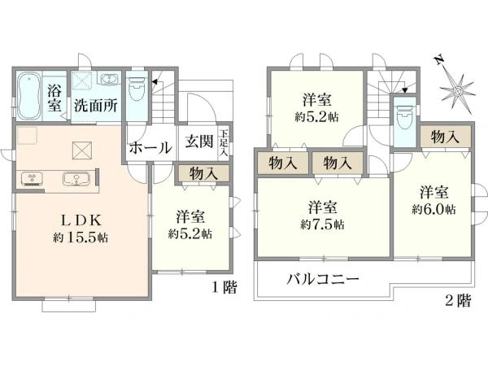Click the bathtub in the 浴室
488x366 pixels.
click(x=28, y=96)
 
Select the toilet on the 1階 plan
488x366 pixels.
click(x=137, y=88)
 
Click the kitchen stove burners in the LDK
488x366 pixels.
click(x=33, y=179)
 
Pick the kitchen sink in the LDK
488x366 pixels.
click(x=76, y=179)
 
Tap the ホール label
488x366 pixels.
click(x=150, y=147)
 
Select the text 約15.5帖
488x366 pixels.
click(x=81, y=237)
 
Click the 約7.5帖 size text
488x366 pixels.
click(x=322, y=224)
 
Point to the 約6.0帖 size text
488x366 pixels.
click(x=434, y=209)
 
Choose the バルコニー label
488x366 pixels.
click(x=323, y=278)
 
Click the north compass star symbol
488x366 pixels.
click(x=457, y=91)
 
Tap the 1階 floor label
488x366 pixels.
click(x=224, y=287)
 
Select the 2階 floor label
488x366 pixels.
click(x=458, y=301)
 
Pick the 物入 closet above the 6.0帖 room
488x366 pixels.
click(x=446, y=137)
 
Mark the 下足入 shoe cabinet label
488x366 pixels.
click(x=224, y=143)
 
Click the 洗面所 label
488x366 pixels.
click(x=95, y=106)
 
